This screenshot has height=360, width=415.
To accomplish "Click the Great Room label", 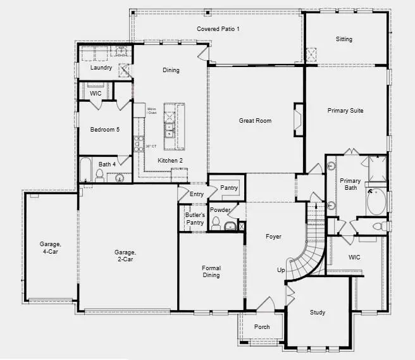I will pyautogui.click(x=255, y=120).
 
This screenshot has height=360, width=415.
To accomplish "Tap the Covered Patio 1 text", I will pyautogui.click(x=218, y=29).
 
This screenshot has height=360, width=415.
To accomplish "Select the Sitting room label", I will pyautogui.click(x=344, y=39).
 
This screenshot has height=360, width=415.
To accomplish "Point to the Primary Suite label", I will pyautogui.click(x=345, y=110).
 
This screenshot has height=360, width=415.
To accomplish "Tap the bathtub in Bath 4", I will pyautogui.click(x=86, y=170).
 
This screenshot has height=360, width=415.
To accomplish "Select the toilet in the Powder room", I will pyautogui.click(x=216, y=223).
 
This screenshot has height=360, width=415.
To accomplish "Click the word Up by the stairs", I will pyautogui.click(x=282, y=270).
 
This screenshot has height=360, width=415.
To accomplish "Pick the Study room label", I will pyautogui.click(x=318, y=313).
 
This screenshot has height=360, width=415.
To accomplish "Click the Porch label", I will pyautogui.click(x=262, y=327).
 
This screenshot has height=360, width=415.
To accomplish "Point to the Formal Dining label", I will pyautogui.click(x=211, y=271).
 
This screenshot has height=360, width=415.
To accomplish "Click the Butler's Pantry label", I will pyautogui.click(x=194, y=219).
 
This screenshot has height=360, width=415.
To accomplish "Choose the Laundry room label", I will pyautogui.click(x=101, y=68).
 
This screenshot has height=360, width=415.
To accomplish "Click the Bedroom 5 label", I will pyautogui.click(x=104, y=129).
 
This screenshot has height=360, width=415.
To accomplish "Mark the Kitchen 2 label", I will pyautogui.click(x=170, y=161).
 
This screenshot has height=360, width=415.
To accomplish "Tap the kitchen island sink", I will pyautogui.click(x=170, y=130).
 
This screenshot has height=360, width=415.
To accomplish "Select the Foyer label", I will pyautogui.click(x=273, y=237).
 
